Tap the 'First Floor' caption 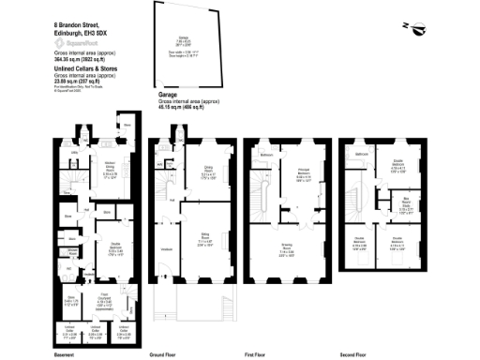(258, 355)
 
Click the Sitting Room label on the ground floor (198, 237)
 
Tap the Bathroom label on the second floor (361, 151)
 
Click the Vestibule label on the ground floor (166, 249)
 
